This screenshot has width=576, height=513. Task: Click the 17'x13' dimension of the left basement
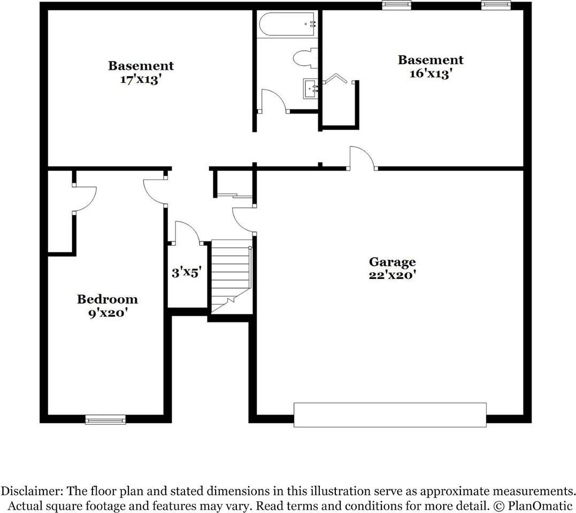[x=141, y=81]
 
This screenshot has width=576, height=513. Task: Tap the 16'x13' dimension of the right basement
[x=431, y=74]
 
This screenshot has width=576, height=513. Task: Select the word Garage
[x=392, y=262]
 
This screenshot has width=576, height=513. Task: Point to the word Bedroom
[x=107, y=299]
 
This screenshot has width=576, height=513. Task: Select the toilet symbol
[x=305, y=58]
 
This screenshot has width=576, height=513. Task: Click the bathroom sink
[x=311, y=89]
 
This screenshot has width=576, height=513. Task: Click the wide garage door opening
[x=390, y=415]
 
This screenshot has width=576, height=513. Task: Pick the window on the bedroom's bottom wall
[x=105, y=419]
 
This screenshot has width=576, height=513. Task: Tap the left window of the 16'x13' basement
[x=397, y=5]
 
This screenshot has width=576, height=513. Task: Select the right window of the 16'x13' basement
[x=496, y=5]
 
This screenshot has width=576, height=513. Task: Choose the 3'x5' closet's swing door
[x=187, y=232]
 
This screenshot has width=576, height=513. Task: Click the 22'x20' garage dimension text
[x=392, y=275]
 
